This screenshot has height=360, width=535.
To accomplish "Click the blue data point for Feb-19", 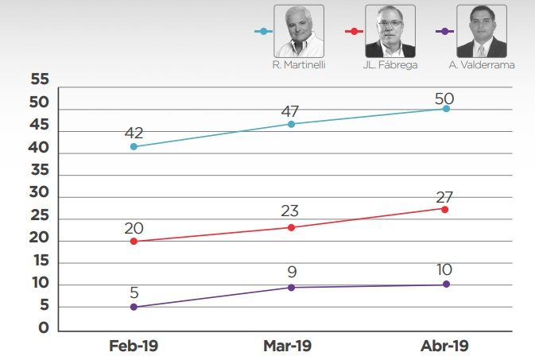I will (134, 146).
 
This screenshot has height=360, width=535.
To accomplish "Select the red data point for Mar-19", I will (291, 227).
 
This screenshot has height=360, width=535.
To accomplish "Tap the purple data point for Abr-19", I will (446, 284).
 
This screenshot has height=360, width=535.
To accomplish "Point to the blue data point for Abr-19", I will (446, 108).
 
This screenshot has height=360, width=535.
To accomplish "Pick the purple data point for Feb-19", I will (134, 307).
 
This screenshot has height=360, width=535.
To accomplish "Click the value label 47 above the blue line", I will (290, 110).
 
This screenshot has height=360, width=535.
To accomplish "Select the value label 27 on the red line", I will (445, 195).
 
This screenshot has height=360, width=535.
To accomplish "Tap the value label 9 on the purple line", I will (290, 273).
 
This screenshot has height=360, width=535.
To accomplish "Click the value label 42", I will (134, 133).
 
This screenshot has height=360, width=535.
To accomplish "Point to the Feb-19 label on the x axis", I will (134, 346).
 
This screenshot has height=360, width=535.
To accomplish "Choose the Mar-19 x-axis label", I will (287, 346).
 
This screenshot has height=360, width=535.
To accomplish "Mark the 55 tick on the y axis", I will (39, 79).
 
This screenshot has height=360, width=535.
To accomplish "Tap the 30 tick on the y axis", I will (39, 193).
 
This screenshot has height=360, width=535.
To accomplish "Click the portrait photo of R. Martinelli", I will (300, 30).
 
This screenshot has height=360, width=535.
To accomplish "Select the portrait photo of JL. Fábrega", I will (390, 30).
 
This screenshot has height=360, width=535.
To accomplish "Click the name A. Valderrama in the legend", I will (482, 65).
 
